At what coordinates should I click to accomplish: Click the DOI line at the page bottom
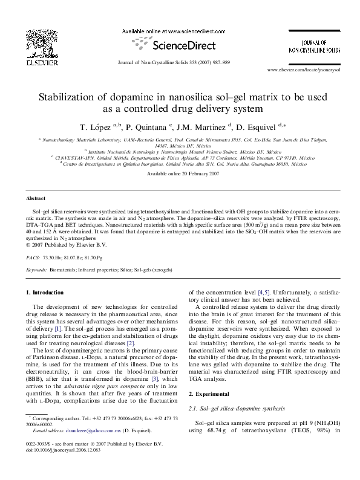point(65,467)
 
